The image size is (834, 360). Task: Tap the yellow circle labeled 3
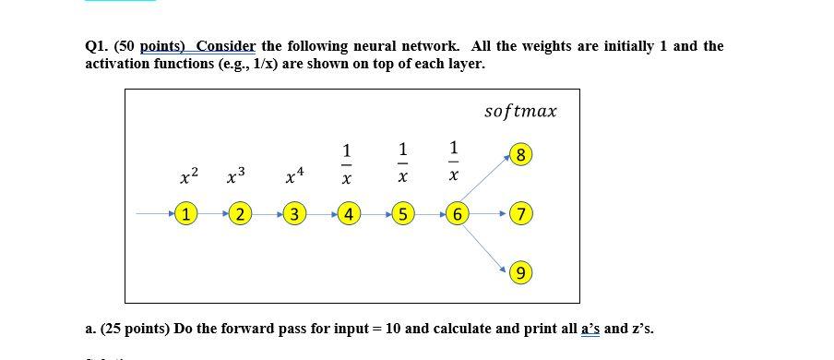click(x=293, y=215)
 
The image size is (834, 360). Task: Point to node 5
click(x=402, y=215)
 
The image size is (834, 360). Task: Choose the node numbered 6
click(x=457, y=215)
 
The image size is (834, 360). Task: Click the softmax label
click(x=520, y=112)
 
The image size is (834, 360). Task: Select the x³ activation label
click(x=235, y=174)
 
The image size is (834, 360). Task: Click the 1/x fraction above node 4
click(x=346, y=162)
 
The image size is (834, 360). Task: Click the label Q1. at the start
click(x=97, y=46)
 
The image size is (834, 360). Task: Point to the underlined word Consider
click(x=225, y=46)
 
